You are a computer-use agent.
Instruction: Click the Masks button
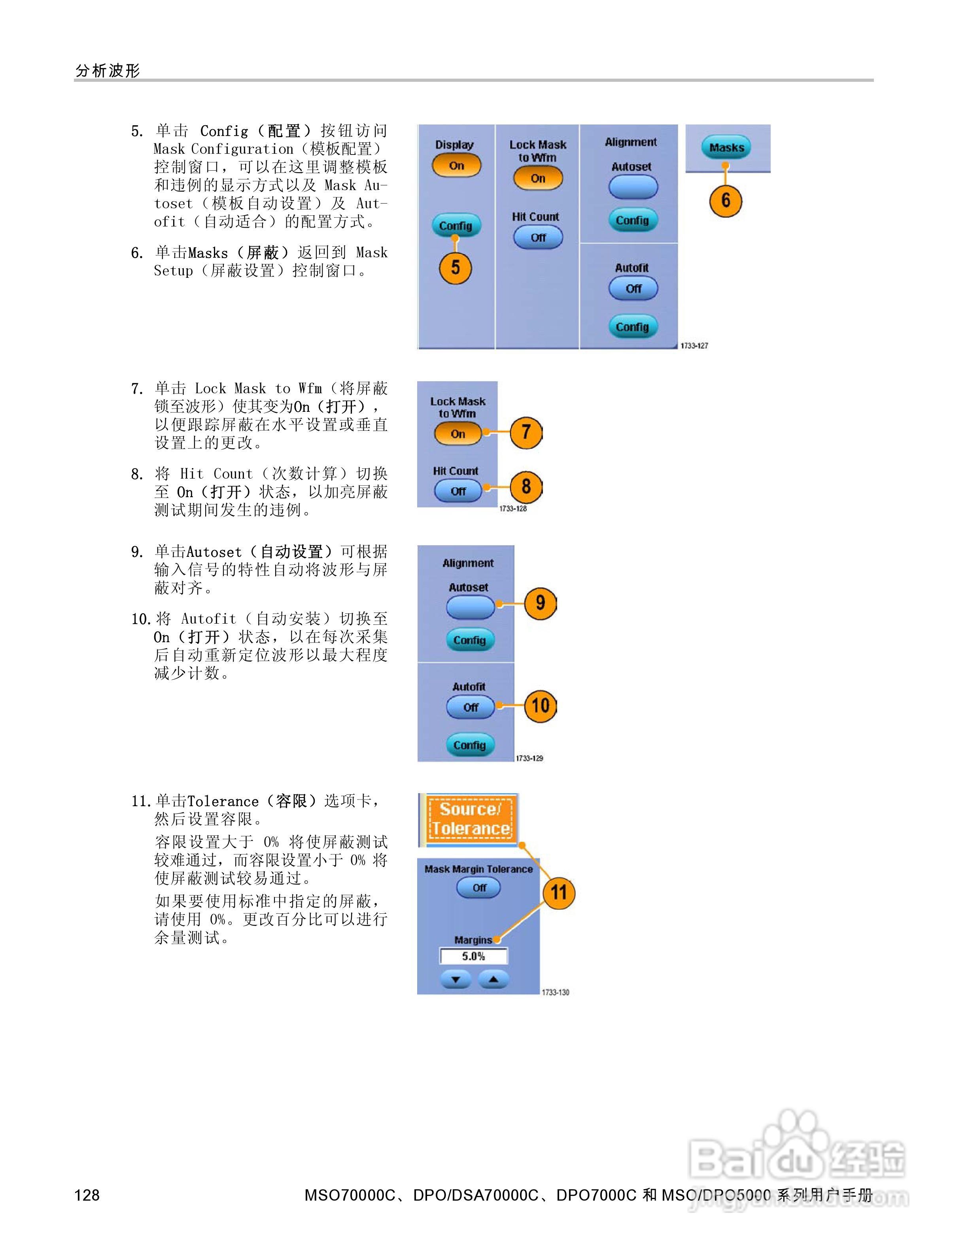(726, 148)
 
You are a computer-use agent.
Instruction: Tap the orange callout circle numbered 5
(455, 268)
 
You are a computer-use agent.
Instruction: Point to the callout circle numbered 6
(726, 201)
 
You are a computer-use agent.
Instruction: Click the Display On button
(456, 166)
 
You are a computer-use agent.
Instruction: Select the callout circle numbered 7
(526, 432)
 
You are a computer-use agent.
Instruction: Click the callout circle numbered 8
(526, 487)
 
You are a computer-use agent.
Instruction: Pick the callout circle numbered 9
(540, 603)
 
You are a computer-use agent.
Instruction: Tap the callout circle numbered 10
(540, 706)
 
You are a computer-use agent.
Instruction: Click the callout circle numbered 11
(559, 893)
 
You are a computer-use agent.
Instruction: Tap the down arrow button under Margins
(456, 980)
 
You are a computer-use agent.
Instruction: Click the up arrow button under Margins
(493, 980)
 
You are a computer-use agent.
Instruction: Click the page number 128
(87, 1195)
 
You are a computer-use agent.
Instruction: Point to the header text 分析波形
(108, 70)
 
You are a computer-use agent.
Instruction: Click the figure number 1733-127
(694, 346)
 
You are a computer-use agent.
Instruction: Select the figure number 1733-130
(555, 992)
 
